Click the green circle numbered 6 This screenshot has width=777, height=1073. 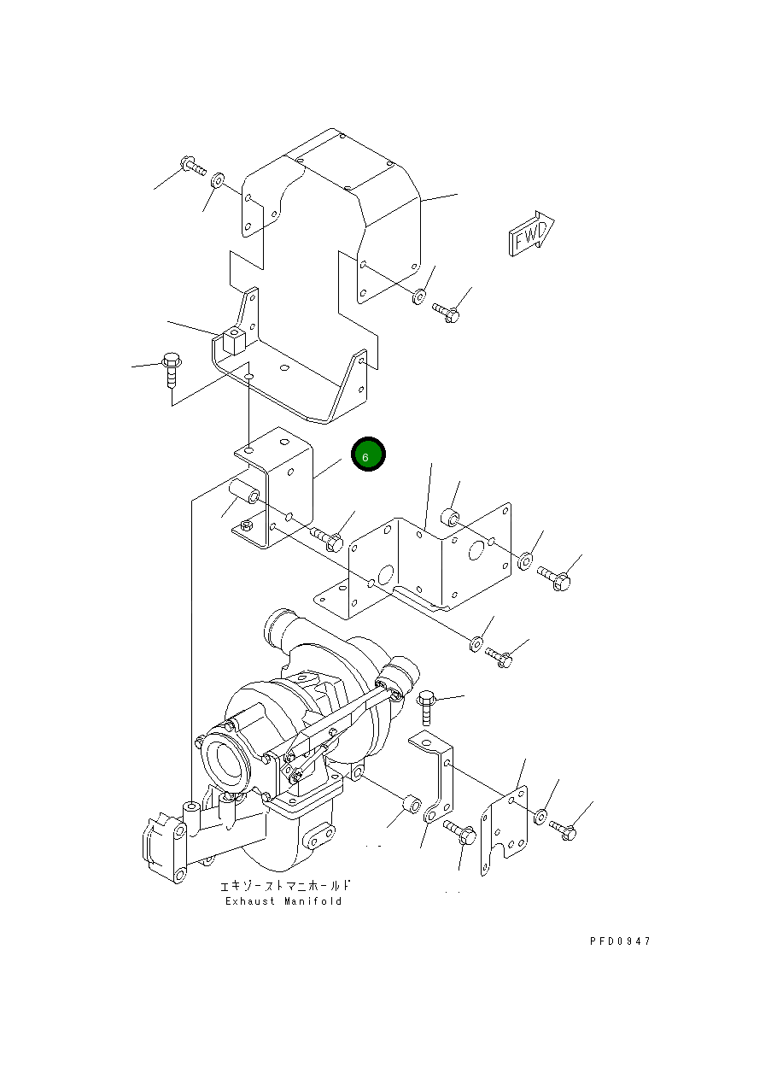368,454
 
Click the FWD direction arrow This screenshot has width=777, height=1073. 531,233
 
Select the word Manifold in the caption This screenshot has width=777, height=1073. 313,901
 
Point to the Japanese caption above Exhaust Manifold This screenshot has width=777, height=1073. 285,886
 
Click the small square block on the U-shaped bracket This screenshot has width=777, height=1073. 234,341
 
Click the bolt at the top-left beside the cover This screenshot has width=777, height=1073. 194,166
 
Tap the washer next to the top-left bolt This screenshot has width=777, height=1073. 218,180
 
